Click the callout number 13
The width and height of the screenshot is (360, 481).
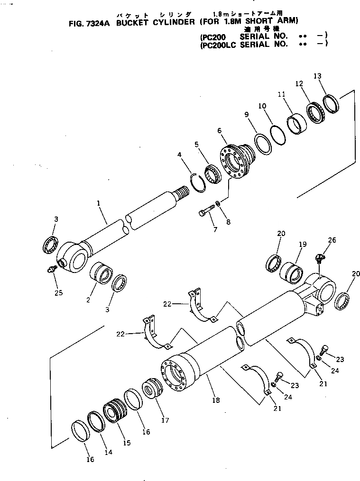click(x=317, y=76)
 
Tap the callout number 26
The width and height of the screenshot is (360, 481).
click(x=332, y=240)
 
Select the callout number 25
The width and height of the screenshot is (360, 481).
click(x=58, y=293)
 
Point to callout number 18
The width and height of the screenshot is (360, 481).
click(x=216, y=400)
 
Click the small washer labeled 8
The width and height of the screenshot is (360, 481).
click(x=217, y=203)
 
